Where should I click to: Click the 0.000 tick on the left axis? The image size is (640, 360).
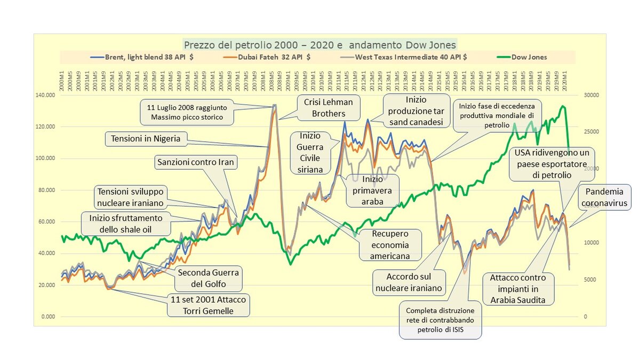pyautogui.click(x=47, y=317)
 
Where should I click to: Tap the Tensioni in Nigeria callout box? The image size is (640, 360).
pyautogui.click(x=146, y=139)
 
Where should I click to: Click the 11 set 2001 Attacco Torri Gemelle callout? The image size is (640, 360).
pyautogui.click(x=209, y=305)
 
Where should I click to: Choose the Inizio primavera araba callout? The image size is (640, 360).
pyautogui.click(x=372, y=190)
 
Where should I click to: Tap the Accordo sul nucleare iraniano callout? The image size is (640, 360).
pyautogui.click(x=408, y=283)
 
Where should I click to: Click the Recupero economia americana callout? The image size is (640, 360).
pyautogui.click(x=391, y=244)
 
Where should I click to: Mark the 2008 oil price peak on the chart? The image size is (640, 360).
pyautogui.click(x=274, y=105)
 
